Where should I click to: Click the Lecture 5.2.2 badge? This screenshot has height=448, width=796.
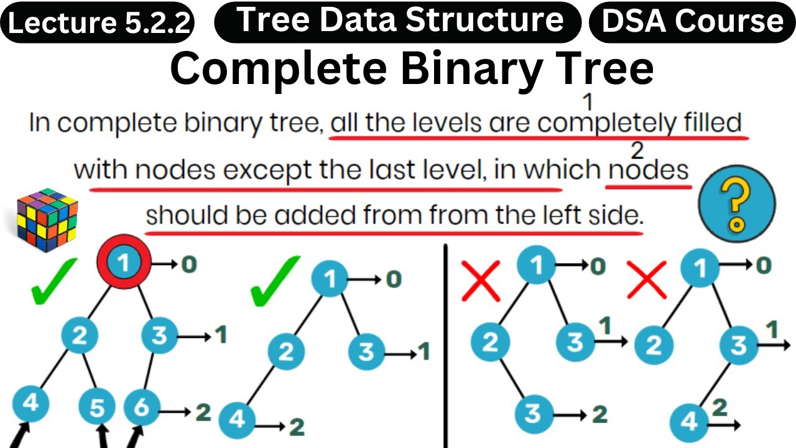(98, 23)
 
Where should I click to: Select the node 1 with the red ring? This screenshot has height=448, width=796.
(124, 263)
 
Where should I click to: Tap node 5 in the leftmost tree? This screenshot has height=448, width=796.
(98, 408)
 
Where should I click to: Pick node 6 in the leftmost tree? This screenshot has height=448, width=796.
(142, 408)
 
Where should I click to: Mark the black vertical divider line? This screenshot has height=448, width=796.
(446, 345)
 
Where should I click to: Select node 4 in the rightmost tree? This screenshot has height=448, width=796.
(690, 421)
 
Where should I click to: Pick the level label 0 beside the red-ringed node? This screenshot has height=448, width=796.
(188, 264)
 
